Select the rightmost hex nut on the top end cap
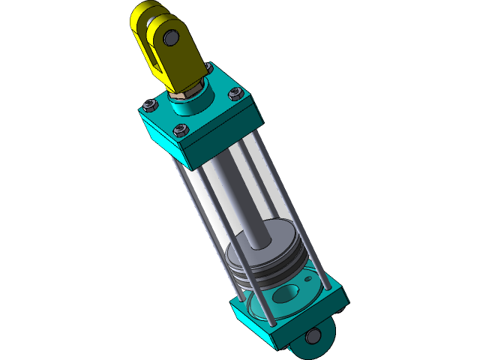pos(234,94)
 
